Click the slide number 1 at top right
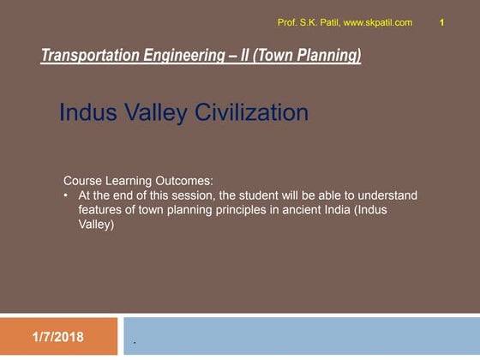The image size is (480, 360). pyautogui.click(x=441, y=22)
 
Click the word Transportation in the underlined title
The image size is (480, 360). pyautogui.click(x=88, y=57)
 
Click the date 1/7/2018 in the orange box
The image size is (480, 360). pyautogui.click(x=58, y=337)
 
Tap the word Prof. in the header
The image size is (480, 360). pyautogui.click(x=288, y=22)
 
